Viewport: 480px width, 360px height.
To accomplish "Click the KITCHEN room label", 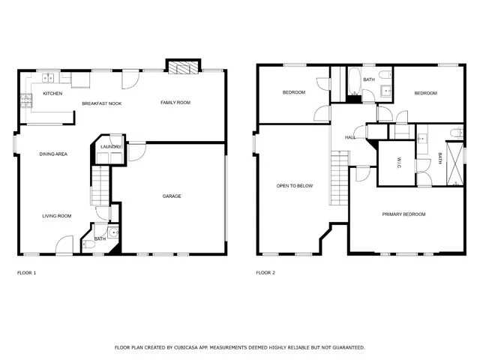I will pyautogui.click(x=52, y=94).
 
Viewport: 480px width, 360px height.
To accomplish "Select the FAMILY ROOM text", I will pyautogui.click(x=175, y=102).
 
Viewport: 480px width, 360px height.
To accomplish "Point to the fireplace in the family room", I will pyautogui.click(x=183, y=68).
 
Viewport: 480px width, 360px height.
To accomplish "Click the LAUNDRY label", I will pyautogui.click(x=111, y=147).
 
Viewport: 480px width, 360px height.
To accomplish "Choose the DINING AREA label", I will pyautogui.click(x=54, y=154).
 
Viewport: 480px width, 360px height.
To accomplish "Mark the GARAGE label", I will pyautogui.click(x=172, y=196).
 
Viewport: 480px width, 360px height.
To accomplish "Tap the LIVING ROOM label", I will pyautogui.click(x=56, y=216).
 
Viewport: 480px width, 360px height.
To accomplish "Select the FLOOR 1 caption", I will pyautogui.click(x=26, y=273).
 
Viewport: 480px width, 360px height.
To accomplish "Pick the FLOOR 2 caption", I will pyautogui.click(x=265, y=273).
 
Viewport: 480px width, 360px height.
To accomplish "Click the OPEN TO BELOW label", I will pyautogui.click(x=294, y=185).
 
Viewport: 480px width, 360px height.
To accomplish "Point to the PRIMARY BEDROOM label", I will pyautogui.click(x=403, y=214).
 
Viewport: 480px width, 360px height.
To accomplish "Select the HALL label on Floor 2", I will pyautogui.click(x=350, y=138).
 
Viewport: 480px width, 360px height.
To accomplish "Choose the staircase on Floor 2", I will pyautogui.click(x=340, y=177).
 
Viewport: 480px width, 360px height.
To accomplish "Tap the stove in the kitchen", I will pyautogui.click(x=26, y=98).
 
